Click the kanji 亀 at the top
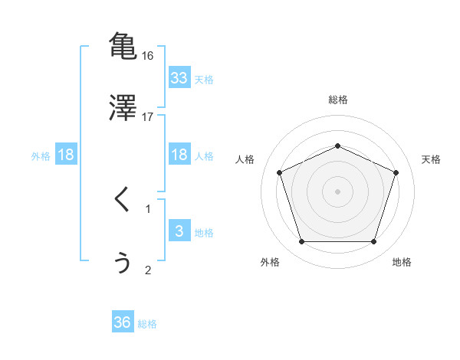tap(123, 46)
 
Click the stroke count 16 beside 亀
tap(148, 56)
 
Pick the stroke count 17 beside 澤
tap(148, 117)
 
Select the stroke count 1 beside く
tap(148, 208)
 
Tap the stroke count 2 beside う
tap(148, 270)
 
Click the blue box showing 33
tap(179, 78)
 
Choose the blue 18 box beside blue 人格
tap(179, 155)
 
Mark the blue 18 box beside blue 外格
tap(66, 155)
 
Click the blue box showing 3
tap(179, 231)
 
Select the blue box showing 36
tap(123, 322)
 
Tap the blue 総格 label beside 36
tap(148, 324)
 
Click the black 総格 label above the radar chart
tap(337, 100)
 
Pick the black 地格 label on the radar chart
tap(402, 262)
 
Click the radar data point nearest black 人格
tap(279, 172)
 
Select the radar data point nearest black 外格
tap(301, 242)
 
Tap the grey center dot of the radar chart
tap(337, 191)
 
